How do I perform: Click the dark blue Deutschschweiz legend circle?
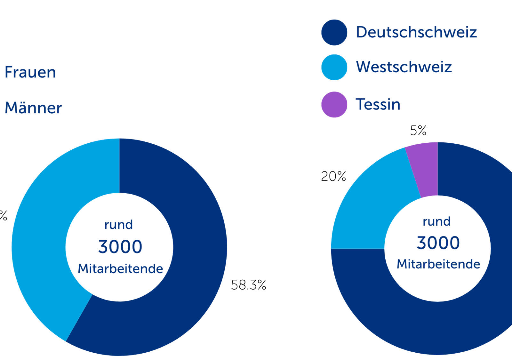click(x=334, y=32)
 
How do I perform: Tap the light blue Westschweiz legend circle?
click(x=334, y=67)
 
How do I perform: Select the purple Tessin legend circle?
click(x=334, y=105)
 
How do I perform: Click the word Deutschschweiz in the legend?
click(x=416, y=32)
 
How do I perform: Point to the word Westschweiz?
click(x=404, y=67)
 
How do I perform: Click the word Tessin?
click(x=378, y=104)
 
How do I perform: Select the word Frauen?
click(x=30, y=72)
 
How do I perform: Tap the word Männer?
click(x=33, y=108)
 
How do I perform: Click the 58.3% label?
click(x=248, y=285)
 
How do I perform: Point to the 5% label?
click(x=418, y=130)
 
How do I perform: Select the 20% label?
click(x=333, y=176)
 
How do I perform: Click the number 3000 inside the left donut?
click(x=120, y=247)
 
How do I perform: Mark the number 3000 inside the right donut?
click(x=438, y=243)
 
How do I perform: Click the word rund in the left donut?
click(x=118, y=225)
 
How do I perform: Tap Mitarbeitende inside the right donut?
click(x=438, y=264)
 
